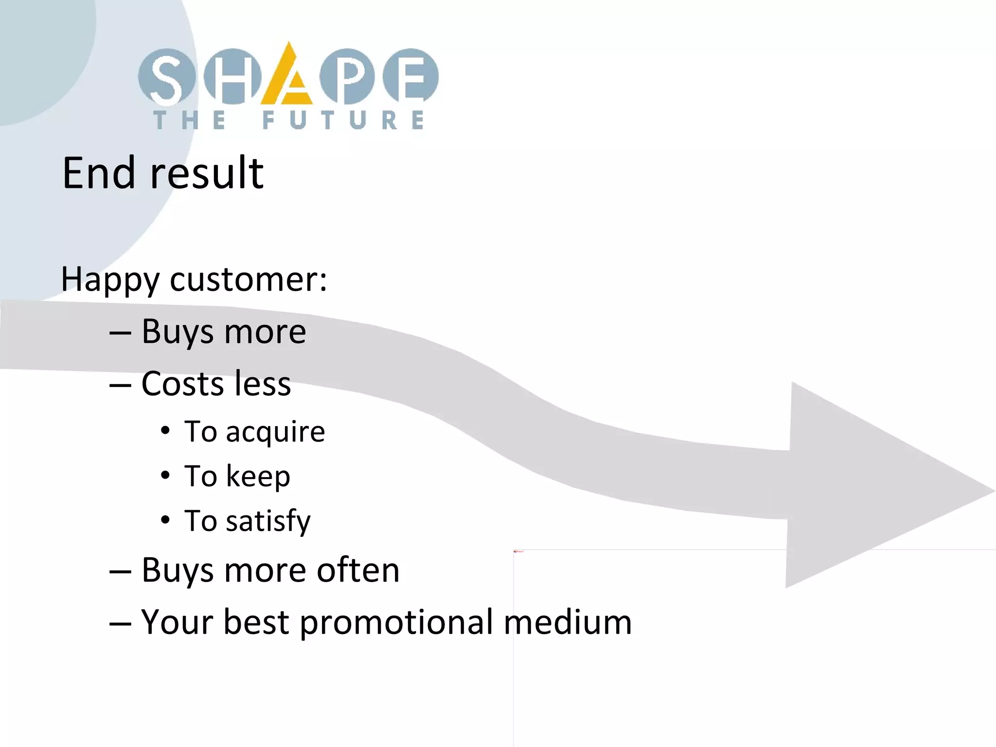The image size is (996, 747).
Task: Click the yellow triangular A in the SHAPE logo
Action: [287, 78]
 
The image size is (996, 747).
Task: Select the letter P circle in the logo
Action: [348, 77]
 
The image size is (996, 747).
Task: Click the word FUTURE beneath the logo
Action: [343, 120]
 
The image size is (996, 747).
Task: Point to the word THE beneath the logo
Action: [190, 120]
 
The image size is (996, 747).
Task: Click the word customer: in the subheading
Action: [249, 280]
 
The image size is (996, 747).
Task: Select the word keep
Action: [258, 476]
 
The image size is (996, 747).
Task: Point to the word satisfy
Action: [268, 521]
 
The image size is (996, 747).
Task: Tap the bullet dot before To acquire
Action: [166, 431]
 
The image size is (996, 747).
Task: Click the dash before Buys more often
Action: [120, 571]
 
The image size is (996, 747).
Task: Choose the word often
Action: [358, 570]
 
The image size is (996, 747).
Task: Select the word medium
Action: [568, 622]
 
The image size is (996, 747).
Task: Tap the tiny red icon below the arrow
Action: [516, 551]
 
